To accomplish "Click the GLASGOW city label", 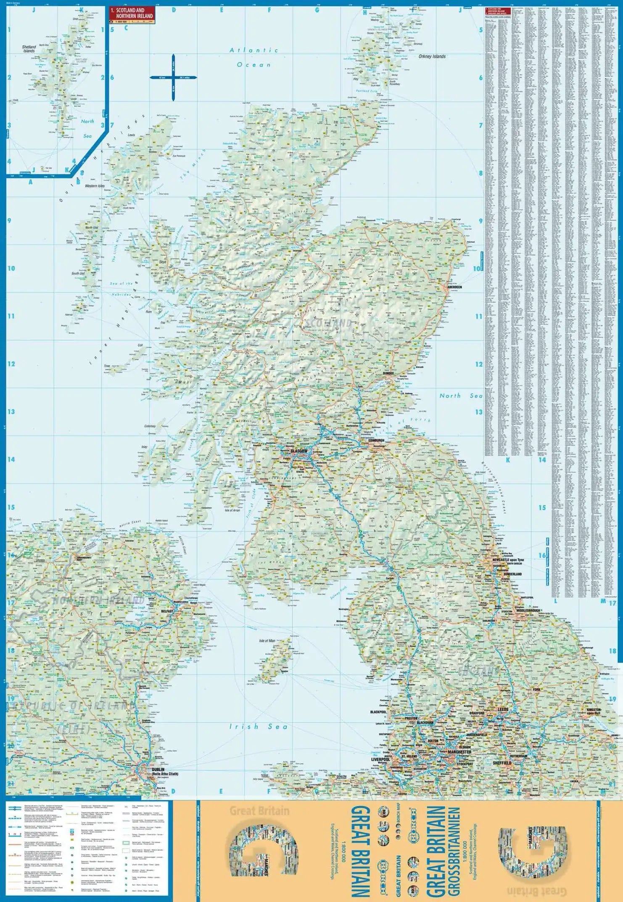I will tap(299, 451).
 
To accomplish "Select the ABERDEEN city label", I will tap(454, 287).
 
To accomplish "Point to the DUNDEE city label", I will tap(388, 374).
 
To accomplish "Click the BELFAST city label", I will tap(167, 611).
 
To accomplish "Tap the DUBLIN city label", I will tap(158, 769).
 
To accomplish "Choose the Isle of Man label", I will tap(267, 641).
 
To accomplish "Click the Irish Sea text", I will tap(258, 727).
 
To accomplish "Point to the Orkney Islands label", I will tap(432, 56).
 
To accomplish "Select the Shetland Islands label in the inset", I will tap(29, 49).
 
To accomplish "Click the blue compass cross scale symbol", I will tap(173, 77).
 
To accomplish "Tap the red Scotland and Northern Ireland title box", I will tap(132, 13).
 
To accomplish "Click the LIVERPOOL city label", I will tap(380, 760).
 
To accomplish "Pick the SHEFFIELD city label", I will tap(502, 763).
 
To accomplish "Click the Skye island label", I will tap(162, 262).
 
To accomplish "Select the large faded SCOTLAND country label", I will tap(328, 323).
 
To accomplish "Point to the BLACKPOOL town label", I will tap(378, 712).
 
